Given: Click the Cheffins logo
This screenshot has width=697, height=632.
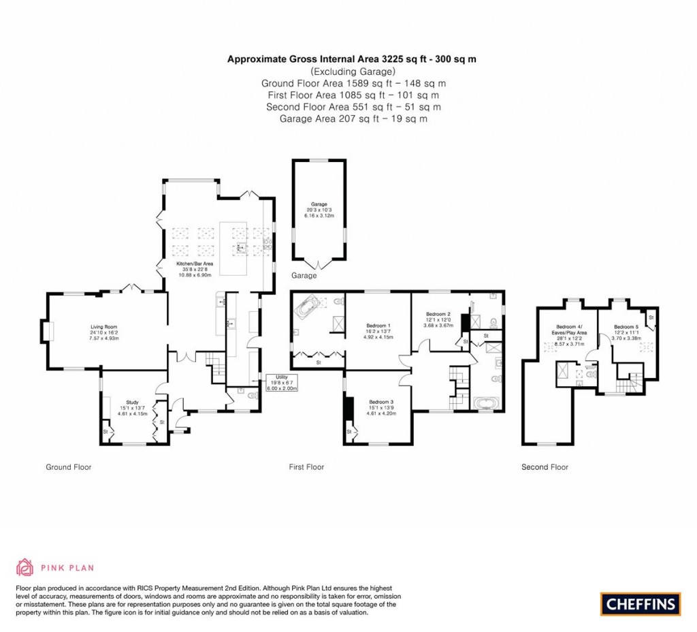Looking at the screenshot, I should tap(640, 603).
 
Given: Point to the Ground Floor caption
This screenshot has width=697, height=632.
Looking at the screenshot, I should tap(68, 467).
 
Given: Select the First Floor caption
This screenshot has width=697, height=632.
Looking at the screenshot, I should tap(306, 467).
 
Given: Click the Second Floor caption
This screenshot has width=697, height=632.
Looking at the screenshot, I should tap(545, 467).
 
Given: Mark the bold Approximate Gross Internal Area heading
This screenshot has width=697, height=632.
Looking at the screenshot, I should tap(351, 59).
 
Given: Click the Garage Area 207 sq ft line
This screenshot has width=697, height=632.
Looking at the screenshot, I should tap(353, 118).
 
